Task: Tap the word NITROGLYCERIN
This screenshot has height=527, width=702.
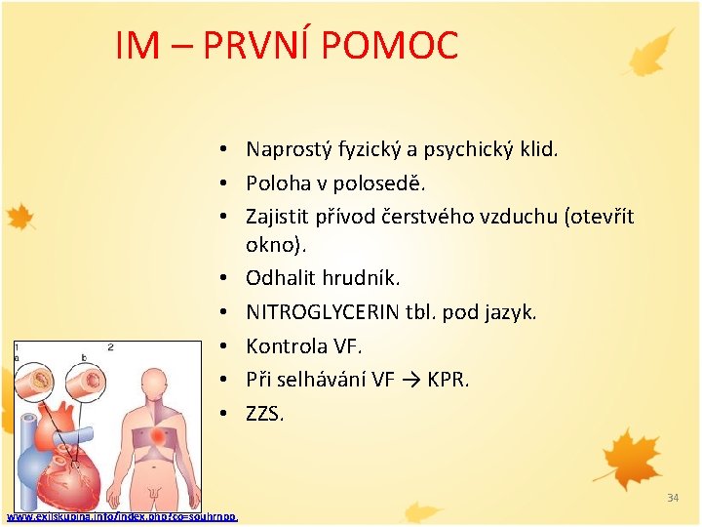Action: click(x=323, y=312)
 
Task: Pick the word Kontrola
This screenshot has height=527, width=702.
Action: click(x=289, y=346)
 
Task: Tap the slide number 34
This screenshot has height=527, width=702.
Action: click(x=673, y=499)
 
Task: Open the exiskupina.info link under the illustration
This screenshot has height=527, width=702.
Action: click(x=122, y=516)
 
